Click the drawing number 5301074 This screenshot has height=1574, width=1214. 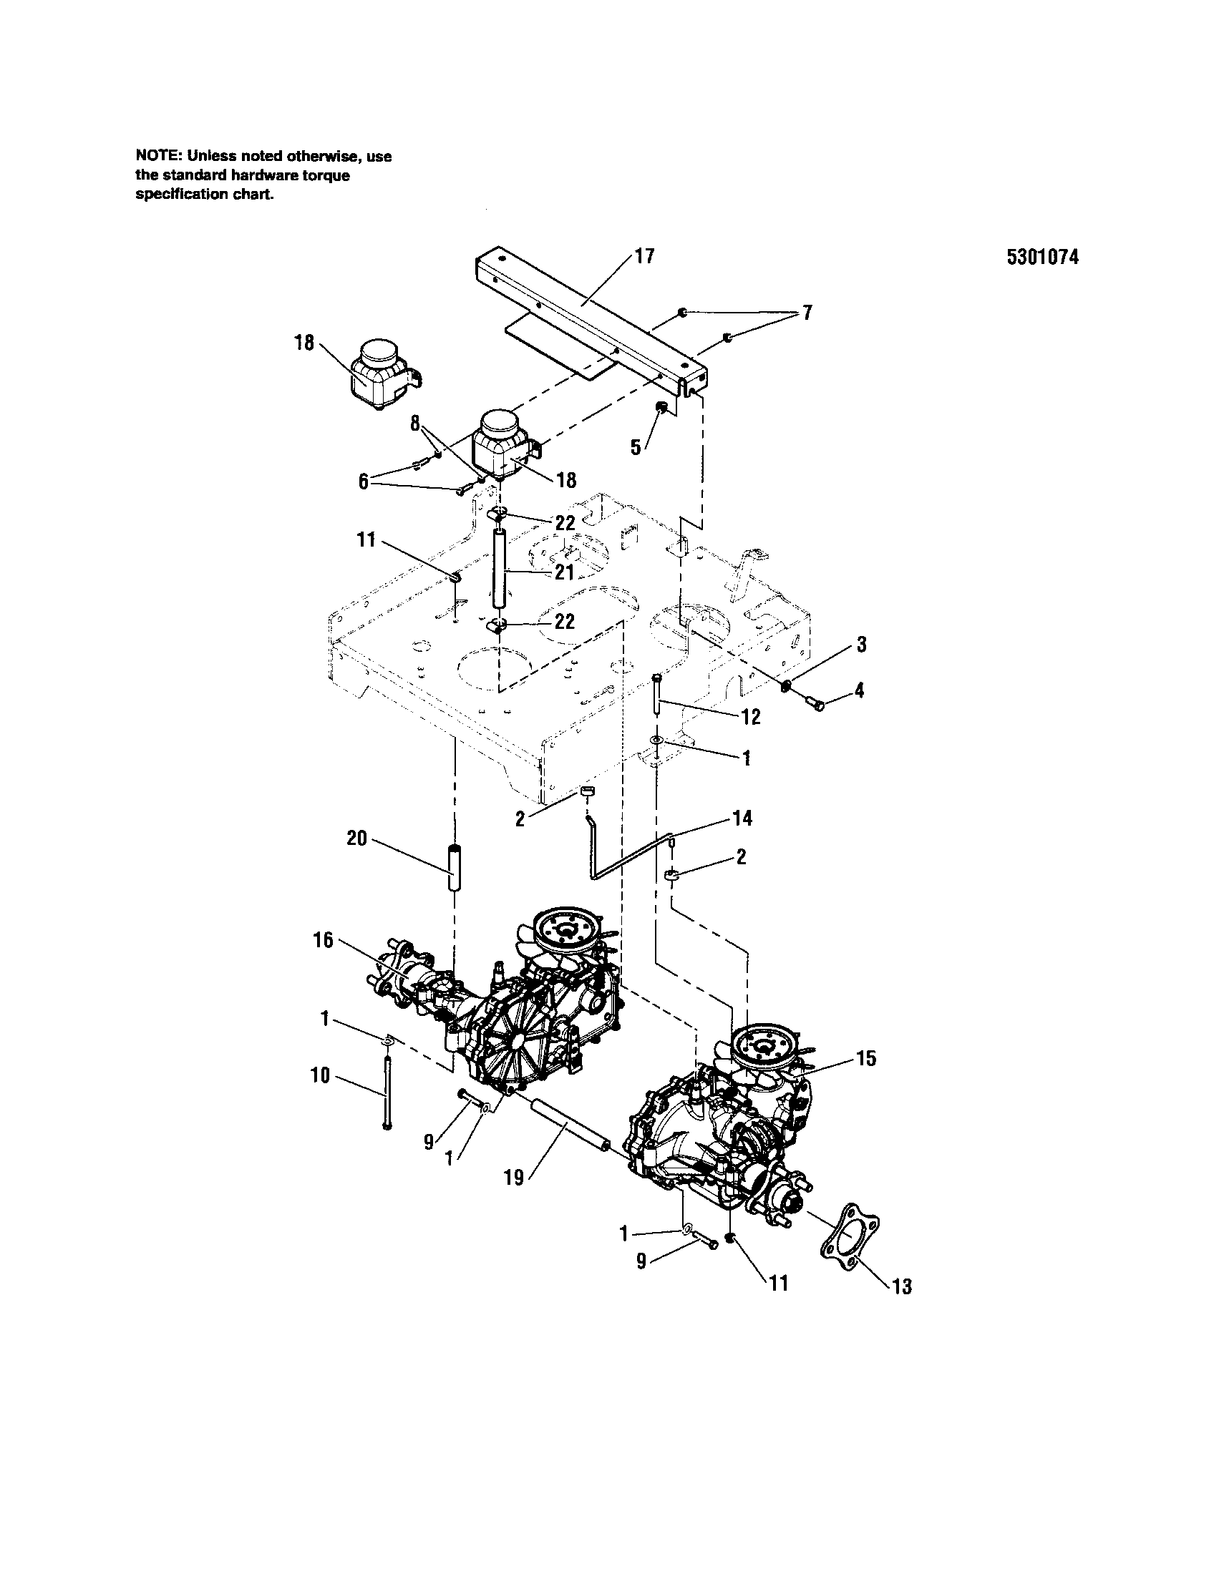1043,258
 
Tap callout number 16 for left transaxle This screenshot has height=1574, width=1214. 324,940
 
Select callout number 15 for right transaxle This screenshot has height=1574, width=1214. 866,1058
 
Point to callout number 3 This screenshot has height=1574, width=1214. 861,645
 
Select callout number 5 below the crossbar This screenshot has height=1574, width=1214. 635,447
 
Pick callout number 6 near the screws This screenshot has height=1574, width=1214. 364,481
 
